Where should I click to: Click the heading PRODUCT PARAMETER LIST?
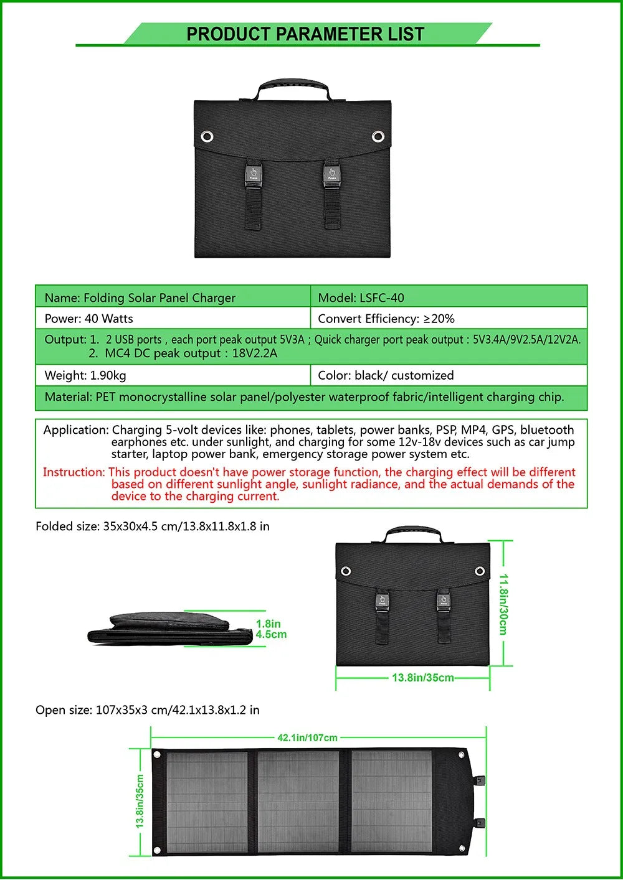pyautogui.click(x=305, y=34)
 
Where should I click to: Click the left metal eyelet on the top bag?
pyautogui.click(x=207, y=136)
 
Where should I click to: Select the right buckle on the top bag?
pyautogui.click(x=331, y=174)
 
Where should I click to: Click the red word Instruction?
pyautogui.click(x=74, y=472)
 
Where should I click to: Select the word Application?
pyautogui.click(x=76, y=430)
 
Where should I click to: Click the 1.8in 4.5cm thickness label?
pyautogui.click(x=271, y=629)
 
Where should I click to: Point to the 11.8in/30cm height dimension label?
pyautogui.click(x=503, y=604)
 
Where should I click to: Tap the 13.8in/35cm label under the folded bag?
pyautogui.click(x=422, y=678)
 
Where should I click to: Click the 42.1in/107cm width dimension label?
pyautogui.click(x=307, y=737)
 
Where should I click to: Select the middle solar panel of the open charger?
pyautogui.click(x=298, y=802)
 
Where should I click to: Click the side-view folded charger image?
pyautogui.click(x=169, y=629)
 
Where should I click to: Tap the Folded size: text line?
pyautogui.click(x=153, y=527)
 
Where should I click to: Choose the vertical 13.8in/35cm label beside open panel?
pyautogui.click(x=140, y=801)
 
